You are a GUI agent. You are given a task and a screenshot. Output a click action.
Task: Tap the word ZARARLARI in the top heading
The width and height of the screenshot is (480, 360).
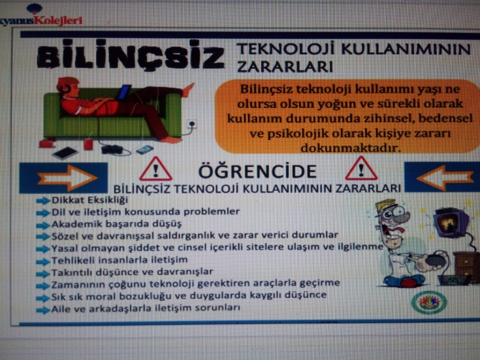pos(285,66)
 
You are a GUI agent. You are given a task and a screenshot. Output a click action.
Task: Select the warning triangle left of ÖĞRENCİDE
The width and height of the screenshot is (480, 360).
pos(155,169)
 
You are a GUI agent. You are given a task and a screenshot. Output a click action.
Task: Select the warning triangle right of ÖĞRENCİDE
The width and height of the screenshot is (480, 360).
pos(361,168)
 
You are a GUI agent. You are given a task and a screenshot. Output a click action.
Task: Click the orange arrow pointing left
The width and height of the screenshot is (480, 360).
pos(444,177)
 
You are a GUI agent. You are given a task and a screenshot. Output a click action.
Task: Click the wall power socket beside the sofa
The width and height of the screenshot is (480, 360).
pos(192,124)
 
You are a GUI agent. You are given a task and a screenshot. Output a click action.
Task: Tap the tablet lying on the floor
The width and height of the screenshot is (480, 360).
pos(65,153)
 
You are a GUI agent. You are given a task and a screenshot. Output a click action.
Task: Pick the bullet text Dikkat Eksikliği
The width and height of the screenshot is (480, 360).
pos(89,200)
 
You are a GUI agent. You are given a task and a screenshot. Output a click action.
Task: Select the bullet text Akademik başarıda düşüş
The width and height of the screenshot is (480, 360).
pos(116,224)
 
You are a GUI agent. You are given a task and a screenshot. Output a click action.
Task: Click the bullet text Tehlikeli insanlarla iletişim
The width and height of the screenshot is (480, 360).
pos(119,260)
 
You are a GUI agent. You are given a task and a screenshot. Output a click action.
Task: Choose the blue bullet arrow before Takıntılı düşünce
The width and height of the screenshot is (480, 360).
pos(43,273)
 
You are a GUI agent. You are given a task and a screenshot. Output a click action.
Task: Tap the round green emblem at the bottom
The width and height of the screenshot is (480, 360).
pos(428,302)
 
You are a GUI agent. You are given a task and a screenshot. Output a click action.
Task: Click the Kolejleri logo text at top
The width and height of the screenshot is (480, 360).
pos(58,20)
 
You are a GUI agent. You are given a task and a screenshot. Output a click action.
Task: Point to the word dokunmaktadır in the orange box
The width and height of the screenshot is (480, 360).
pos(350,148)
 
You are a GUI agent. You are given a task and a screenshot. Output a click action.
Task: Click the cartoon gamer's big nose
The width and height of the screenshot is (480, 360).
pos(400,218)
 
